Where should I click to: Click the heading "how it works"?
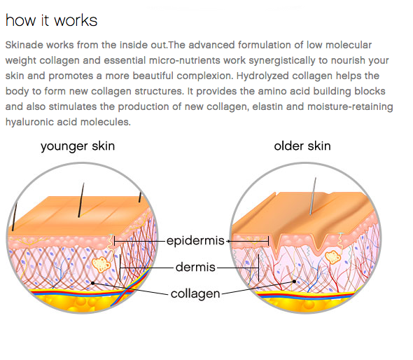click(51, 20)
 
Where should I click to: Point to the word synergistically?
click(282, 61)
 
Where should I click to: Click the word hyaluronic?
click(29, 123)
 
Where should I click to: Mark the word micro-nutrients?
click(184, 61)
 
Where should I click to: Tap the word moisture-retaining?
click(350, 107)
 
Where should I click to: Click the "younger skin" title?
click(78, 146)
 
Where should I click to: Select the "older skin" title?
click(302, 146)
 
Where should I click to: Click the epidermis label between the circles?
click(195, 241)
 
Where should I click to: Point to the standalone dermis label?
click(195, 268)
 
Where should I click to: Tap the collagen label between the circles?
click(195, 294)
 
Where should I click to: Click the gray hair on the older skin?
click(313, 196)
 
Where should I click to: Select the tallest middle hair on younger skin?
click(81, 200)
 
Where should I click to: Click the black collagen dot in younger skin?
click(92, 284)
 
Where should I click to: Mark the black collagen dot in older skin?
click(295, 282)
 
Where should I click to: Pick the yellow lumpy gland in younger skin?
click(101, 264)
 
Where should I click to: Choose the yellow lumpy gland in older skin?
click(333, 257)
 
